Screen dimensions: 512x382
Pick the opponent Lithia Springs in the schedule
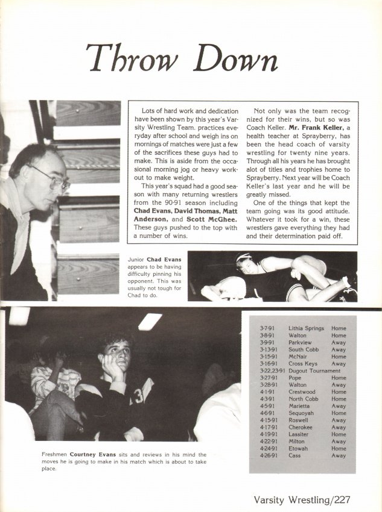coord(306,329)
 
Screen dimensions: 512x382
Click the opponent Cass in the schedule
coord(296,455)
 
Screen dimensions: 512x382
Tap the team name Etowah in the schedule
coord(299,448)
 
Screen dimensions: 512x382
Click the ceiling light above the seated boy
coord(150,321)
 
